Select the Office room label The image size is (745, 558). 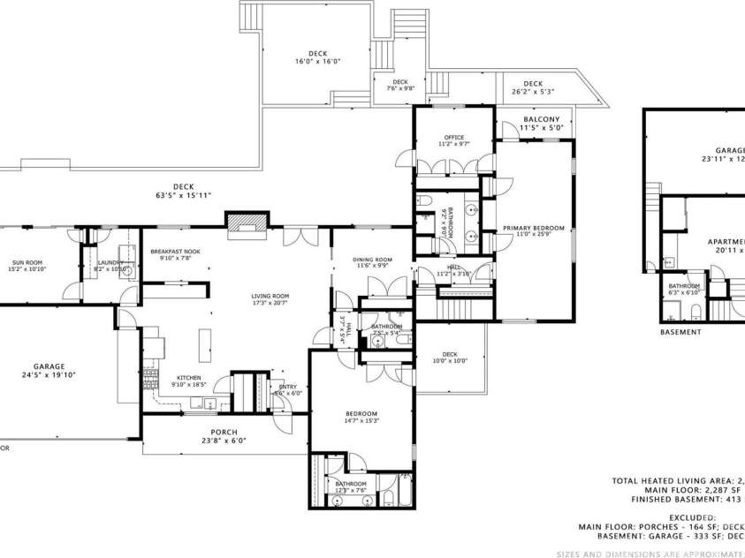[x=453, y=137]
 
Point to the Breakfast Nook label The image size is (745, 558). [x=175, y=252]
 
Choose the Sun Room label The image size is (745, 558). [x=29, y=262]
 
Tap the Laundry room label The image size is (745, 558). [x=110, y=262]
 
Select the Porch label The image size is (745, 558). [x=223, y=433]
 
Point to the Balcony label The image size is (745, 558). [x=541, y=119]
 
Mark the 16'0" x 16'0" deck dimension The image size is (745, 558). [x=317, y=62]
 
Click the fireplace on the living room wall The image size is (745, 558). [x=246, y=226]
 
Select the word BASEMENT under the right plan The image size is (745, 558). [x=680, y=332]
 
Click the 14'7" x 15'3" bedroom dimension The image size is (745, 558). [x=361, y=422]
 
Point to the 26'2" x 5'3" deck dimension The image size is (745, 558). [x=533, y=92]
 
